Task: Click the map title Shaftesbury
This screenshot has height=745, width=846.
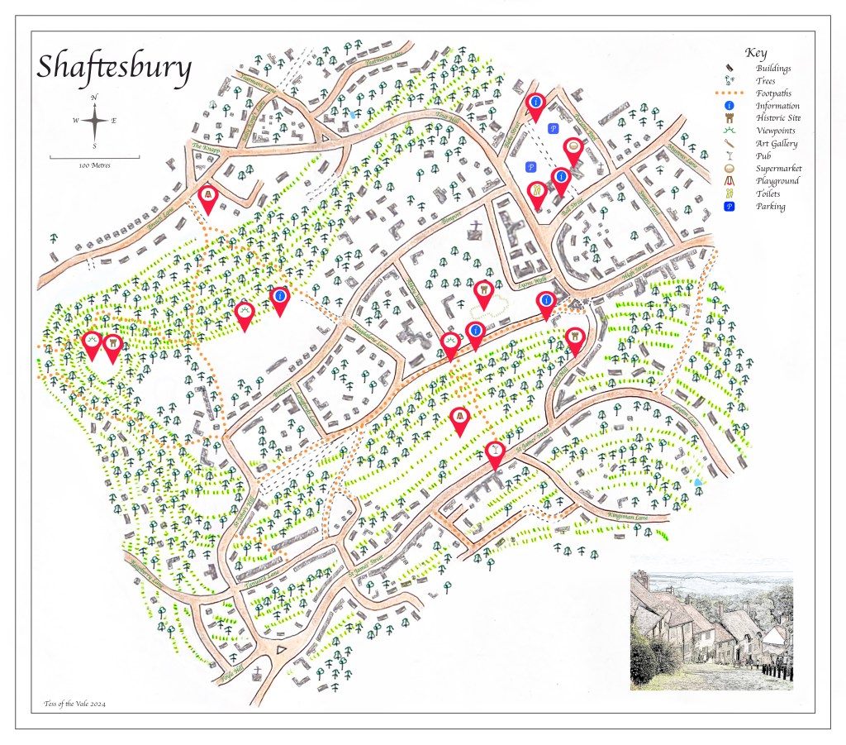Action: (x=114, y=68)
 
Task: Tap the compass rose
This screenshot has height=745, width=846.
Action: (x=95, y=122)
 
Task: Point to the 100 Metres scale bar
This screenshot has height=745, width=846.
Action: (x=94, y=157)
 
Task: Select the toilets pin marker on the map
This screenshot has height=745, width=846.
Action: (x=536, y=193)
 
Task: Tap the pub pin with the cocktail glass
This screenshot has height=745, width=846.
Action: (x=494, y=451)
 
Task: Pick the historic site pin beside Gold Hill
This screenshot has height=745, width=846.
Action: (x=575, y=337)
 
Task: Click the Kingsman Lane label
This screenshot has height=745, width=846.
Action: (x=625, y=517)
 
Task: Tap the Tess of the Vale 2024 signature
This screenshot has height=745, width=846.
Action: (x=74, y=704)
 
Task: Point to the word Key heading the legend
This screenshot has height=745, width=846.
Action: (x=756, y=52)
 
